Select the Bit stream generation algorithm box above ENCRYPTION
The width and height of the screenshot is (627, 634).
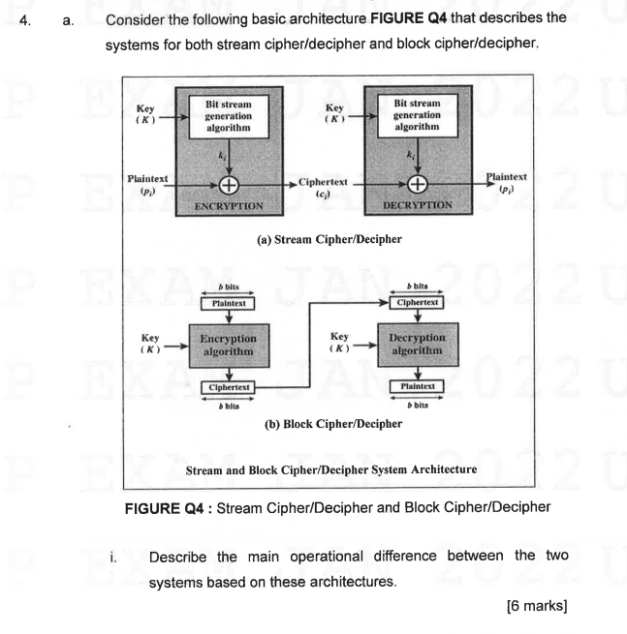229,118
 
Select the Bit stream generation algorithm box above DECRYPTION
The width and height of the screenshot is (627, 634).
417,118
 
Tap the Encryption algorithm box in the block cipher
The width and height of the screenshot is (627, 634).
229,345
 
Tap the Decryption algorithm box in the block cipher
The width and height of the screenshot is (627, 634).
417,345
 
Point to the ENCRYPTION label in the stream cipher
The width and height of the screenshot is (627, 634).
229,206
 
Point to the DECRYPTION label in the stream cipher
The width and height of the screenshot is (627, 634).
417,206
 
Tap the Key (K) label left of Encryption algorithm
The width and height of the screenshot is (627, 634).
150,344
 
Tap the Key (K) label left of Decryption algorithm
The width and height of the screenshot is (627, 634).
338,344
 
